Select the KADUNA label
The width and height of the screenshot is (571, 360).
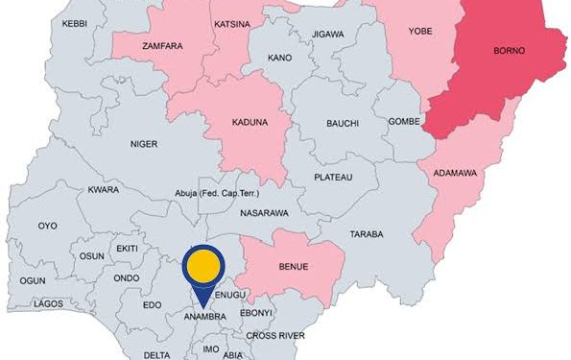[x=250, y=124]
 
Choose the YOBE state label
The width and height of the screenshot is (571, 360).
[x=421, y=31]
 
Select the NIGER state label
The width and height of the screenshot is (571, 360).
[x=144, y=145]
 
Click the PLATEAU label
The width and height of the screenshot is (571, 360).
[x=333, y=179]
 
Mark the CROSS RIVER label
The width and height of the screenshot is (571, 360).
[x=275, y=336]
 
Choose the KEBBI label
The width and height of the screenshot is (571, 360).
[x=75, y=22]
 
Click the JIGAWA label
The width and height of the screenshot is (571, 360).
[x=327, y=35]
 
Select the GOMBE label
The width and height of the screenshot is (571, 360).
[x=401, y=122]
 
